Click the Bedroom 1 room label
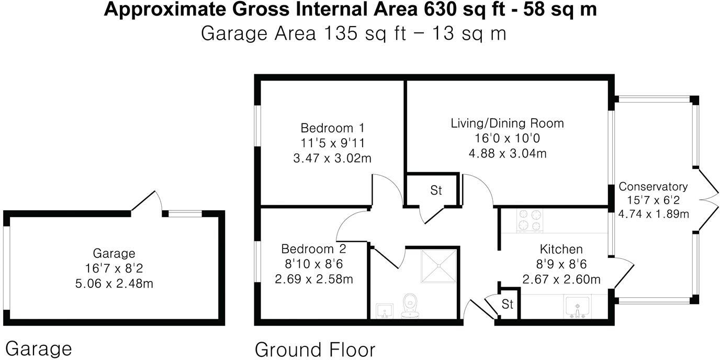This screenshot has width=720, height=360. (x=332, y=128)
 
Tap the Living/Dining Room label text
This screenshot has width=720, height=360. (x=507, y=123)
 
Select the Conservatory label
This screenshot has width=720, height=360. (x=652, y=186)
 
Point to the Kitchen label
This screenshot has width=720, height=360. (x=561, y=249)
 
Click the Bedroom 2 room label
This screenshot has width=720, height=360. (x=313, y=249)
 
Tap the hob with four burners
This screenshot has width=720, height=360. (x=530, y=220)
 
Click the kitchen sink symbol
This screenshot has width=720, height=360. (x=577, y=308)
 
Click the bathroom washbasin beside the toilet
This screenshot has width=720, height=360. (x=385, y=310)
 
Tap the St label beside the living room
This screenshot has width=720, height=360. (x=436, y=190)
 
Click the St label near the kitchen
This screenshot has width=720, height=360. (x=507, y=304)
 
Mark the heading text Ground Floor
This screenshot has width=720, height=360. (x=314, y=349)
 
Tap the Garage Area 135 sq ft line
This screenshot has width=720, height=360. (x=353, y=33)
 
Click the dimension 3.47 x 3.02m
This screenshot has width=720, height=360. (x=332, y=157)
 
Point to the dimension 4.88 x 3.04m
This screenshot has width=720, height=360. (x=507, y=153)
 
